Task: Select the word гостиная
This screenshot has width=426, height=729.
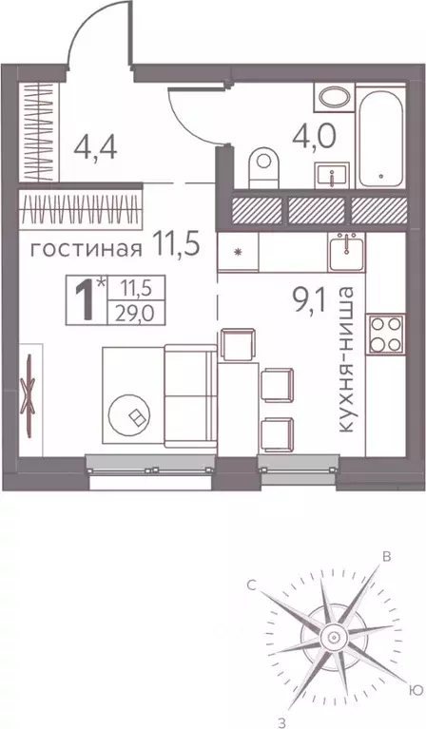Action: pos(87,250)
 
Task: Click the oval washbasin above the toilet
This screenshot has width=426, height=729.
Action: pos(334,99)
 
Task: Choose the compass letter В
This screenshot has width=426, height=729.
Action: pos(387,558)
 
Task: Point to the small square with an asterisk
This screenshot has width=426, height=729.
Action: pos(236,255)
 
